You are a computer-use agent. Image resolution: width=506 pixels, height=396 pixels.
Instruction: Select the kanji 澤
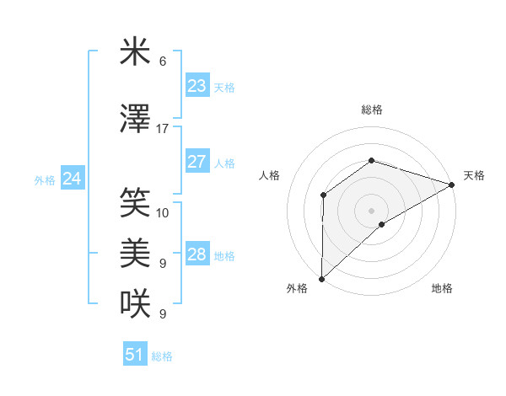pyautogui.click(x=135, y=120)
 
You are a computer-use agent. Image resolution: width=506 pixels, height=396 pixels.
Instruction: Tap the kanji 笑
pyautogui.click(x=135, y=202)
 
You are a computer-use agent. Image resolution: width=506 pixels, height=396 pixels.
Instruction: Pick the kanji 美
pyautogui.click(x=135, y=253)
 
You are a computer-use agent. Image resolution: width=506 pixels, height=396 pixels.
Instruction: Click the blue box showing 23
pyautogui.click(x=196, y=86)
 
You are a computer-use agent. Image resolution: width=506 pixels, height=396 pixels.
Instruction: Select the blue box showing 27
pyautogui.click(x=196, y=163)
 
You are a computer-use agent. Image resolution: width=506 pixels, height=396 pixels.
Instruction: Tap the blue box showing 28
pyautogui.click(x=196, y=255)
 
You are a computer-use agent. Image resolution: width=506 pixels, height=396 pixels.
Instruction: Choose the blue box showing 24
pyautogui.click(x=72, y=179)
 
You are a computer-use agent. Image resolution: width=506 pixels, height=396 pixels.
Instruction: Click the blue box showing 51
pyautogui.click(x=135, y=355)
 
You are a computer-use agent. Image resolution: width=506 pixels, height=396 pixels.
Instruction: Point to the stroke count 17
pyautogui.click(x=162, y=129)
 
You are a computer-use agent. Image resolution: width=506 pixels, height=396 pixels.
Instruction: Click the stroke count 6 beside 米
pyautogui.click(x=162, y=62)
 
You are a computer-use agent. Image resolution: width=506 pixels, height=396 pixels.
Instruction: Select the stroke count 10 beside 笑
pyautogui.click(x=163, y=212)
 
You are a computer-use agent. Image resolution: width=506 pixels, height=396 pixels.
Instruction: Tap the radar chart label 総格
pyautogui.click(x=371, y=110)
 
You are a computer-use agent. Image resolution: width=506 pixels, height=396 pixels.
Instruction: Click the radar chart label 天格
pyautogui.click(x=474, y=175)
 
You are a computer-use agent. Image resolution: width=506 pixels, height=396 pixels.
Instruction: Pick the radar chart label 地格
pyautogui.click(x=442, y=288)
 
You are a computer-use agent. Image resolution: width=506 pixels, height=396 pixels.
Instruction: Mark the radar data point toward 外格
pyautogui.click(x=321, y=278)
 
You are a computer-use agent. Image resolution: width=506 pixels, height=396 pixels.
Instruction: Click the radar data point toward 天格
pyautogui.click(x=452, y=184)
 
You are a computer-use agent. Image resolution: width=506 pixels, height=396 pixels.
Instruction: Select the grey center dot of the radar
pyautogui.click(x=371, y=210)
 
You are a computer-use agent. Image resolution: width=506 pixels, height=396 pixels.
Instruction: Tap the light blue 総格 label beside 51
pyautogui.click(x=162, y=356)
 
